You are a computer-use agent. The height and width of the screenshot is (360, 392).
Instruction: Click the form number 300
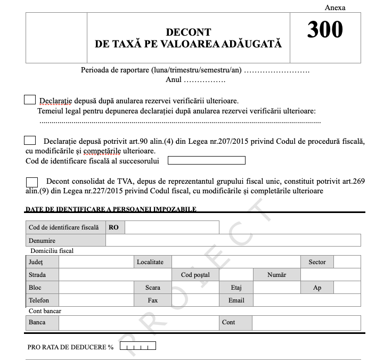point(325,30)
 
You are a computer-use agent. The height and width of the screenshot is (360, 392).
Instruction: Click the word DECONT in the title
point(188,32)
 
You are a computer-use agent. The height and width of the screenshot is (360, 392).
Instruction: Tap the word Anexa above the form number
point(335,7)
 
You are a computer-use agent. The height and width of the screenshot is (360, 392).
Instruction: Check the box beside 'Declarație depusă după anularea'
point(30,100)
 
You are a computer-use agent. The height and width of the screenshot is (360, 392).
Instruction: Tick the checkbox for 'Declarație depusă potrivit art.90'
point(30,141)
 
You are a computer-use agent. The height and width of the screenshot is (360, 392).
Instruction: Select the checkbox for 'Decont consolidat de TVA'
point(32,181)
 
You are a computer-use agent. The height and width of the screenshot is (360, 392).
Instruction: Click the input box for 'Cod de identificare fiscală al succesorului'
point(206,160)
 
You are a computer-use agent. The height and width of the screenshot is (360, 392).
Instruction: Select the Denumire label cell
point(66,241)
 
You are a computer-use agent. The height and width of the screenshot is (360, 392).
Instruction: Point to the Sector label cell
point(317,262)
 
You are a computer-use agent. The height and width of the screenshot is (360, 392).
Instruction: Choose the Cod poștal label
point(195,275)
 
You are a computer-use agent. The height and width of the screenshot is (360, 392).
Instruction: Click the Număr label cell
point(277,275)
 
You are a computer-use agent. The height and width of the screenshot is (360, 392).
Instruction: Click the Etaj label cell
point(236,288)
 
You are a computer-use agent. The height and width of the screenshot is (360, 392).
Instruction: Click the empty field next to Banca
point(138,323)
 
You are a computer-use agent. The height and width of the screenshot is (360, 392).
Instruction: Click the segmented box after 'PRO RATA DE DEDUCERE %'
point(138,347)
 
